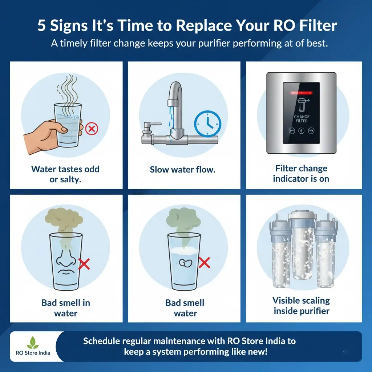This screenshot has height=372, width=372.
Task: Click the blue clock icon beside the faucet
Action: coord(207,124)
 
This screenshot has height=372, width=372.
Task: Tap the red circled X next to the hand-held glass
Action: coord(92,129)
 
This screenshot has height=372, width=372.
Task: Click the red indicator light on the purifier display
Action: coord(301,93)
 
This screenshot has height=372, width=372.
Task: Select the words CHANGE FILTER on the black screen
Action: coord(302,119)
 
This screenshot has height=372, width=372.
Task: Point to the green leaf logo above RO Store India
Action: coord(33,342)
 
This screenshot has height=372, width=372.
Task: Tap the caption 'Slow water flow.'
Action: coord(182,170)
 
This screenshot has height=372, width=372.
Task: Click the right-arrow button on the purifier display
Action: coord(311,131)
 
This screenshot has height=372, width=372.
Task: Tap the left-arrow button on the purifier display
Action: coord(292,131)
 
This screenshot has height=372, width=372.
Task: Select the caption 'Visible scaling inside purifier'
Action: coord(301,306)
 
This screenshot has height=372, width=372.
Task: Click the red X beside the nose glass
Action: coord(84,264)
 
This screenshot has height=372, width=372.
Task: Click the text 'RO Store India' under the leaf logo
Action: coord(33,353)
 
